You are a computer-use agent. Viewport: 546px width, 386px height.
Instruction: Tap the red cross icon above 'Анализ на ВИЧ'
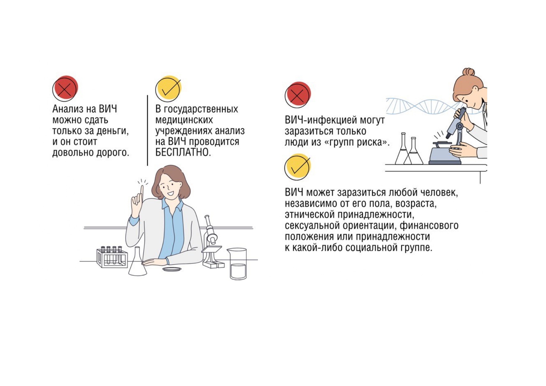click(x=65, y=88)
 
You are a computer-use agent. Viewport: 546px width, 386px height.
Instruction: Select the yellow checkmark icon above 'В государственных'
click(x=168, y=88)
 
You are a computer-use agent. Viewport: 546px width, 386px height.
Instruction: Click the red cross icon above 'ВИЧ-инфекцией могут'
click(x=298, y=95)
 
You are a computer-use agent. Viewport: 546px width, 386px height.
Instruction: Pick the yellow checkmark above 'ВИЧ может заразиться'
click(x=298, y=167)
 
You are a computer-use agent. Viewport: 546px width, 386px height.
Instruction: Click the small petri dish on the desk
click(x=172, y=269)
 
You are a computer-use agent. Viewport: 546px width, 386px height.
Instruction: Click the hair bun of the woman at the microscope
click(x=469, y=73)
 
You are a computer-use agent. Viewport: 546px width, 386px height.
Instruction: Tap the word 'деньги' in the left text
click(x=112, y=131)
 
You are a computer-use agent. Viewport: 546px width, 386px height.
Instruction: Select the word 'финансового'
click(x=429, y=225)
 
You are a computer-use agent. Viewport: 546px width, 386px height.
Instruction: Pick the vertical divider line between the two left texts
click(x=147, y=130)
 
